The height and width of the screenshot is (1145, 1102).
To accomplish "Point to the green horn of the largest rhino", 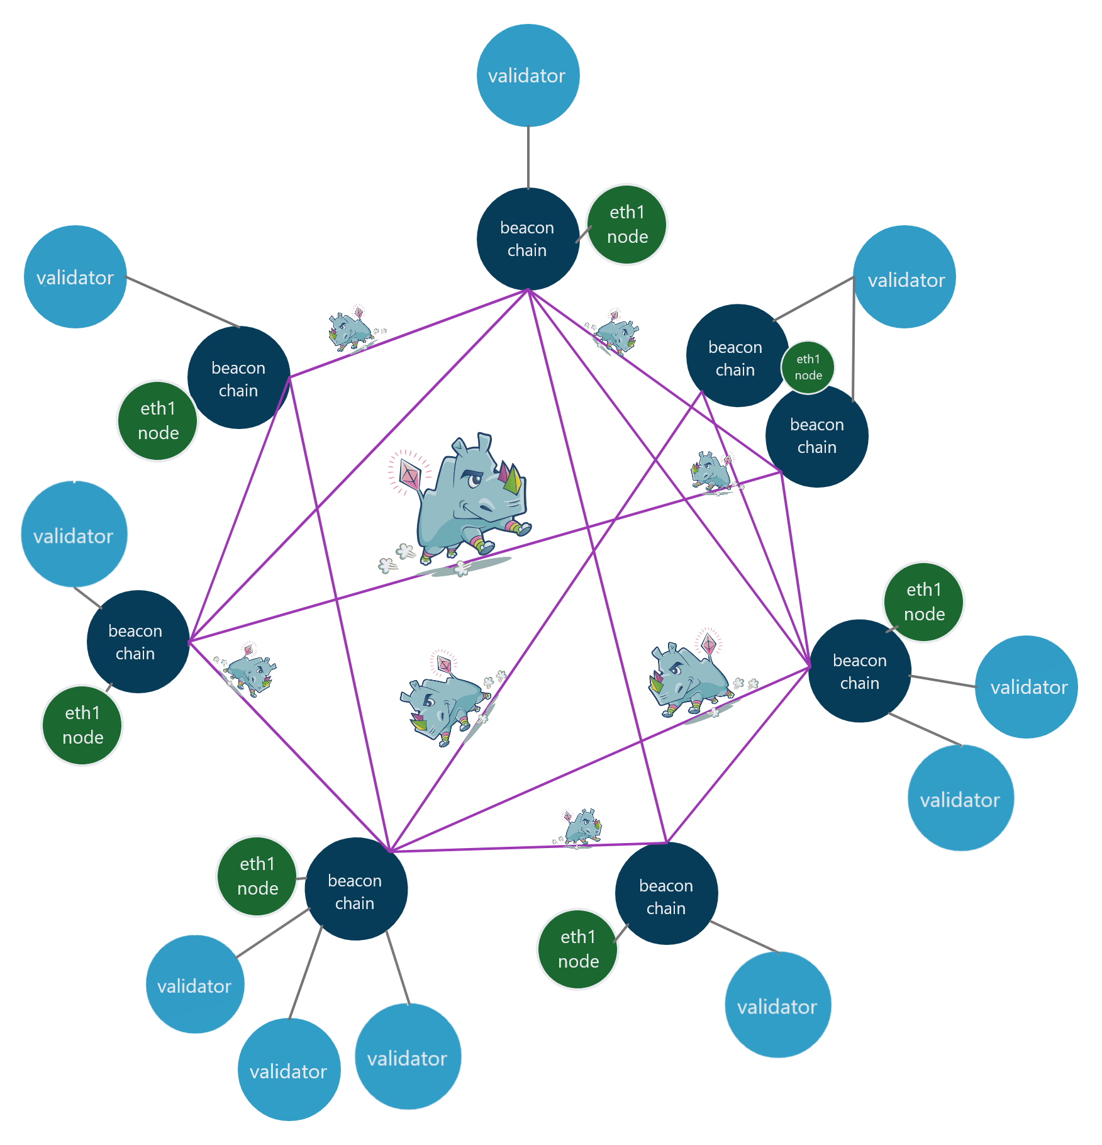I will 513,480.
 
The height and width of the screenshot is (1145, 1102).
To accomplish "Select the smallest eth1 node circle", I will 808,367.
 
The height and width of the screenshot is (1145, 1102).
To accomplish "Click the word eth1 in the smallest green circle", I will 808,359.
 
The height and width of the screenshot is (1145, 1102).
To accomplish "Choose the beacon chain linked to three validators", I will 356,889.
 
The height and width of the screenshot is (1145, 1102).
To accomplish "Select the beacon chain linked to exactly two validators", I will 860,671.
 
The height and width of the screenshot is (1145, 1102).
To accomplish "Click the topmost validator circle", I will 528,75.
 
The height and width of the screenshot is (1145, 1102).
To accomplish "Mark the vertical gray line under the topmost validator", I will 528,157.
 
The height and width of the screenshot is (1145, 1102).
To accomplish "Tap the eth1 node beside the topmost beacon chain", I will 626,225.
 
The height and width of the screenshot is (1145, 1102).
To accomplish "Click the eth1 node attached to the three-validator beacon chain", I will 257,876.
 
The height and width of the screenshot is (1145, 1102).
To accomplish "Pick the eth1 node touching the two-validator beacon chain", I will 923,601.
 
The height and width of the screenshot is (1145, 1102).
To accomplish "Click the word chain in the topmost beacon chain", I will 527,250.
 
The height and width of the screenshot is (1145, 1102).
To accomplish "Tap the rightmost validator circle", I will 1027,687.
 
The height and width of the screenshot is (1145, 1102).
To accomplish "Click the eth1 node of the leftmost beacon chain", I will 82,725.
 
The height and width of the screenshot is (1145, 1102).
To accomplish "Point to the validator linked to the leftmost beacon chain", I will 74,534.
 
